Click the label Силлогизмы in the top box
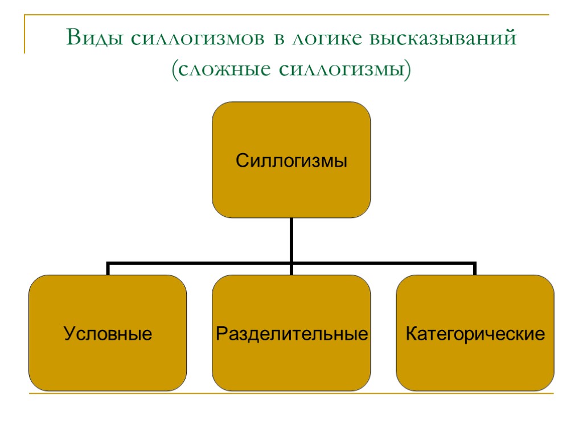pyautogui.click(x=291, y=161)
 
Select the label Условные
pyautogui.click(x=108, y=333)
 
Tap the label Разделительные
pyautogui.click(x=291, y=333)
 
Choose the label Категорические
pyautogui.click(x=475, y=333)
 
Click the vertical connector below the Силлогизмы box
pyautogui.click(x=291, y=239)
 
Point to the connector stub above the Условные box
pyautogui.click(x=108, y=269)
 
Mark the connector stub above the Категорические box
pyautogui.click(x=475, y=269)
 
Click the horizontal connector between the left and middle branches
pyautogui.click(x=199, y=263)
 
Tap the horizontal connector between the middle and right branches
pyautogui.click(x=383, y=263)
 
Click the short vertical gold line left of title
pyautogui.click(x=24, y=34)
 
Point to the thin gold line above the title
pyautogui.click(x=285, y=15)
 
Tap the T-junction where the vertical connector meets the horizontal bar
pyautogui.click(x=291, y=263)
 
